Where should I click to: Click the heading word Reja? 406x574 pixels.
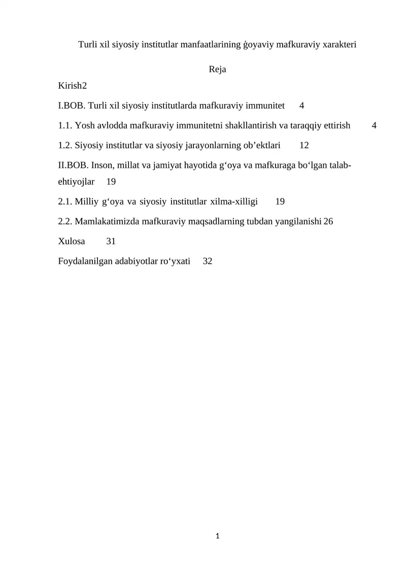pyautogui.click(x=217, y=70)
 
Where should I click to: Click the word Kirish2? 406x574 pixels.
pyautogui.click(x=73, y=86)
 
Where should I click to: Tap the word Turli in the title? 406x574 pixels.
pyautogui.click(x=88, y=44)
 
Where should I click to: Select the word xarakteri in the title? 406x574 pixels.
pyautogui.click(x=339, y=44)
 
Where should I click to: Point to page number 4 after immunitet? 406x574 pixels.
pyautogui.click(x=301, y=106)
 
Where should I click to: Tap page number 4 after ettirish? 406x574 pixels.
pyautogui.click(x=374, y=126)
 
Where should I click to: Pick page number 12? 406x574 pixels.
pyautogui.click(x=304, y=146)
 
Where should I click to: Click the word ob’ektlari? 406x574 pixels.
pyautogui.click(x=262, y=146)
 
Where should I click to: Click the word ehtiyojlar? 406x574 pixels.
pyautogui.click(x=77, y=182)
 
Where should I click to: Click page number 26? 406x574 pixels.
pyautogui.click(x=328, y=221)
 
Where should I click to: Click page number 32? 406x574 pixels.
pyautogui.click(x=208, y=261)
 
